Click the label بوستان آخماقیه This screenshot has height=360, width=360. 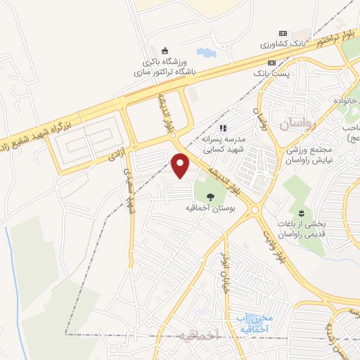(x=210, y=210)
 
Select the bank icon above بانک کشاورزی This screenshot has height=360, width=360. (x=283, y=33)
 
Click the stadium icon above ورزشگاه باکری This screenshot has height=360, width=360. (x=165, y=50)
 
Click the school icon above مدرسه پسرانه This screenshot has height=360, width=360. (x=223, y=128)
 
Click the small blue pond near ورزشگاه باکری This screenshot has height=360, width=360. (x=206, y=53)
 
